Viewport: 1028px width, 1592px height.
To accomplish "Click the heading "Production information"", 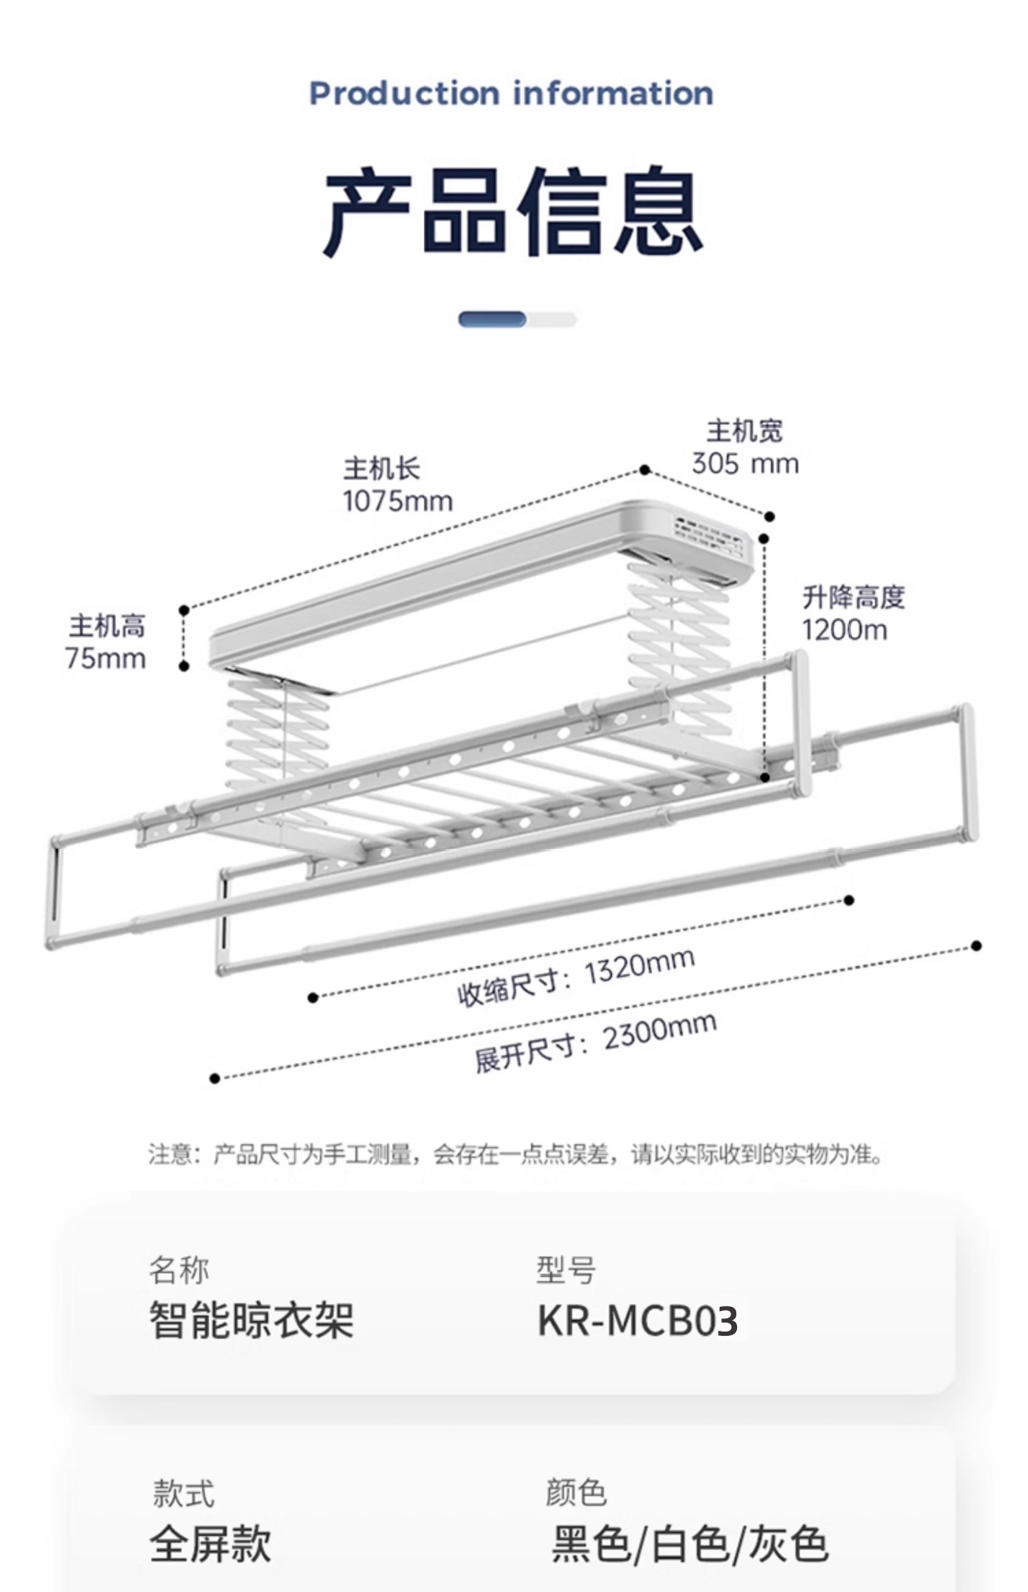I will coord(511,93).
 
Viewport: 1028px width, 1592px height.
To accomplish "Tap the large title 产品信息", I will coord(513,211).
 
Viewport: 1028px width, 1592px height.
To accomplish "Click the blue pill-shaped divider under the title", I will coord(493,319).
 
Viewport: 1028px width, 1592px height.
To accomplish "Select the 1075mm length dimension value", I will coord(398,501).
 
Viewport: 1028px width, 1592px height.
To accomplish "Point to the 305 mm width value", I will coord(745,464).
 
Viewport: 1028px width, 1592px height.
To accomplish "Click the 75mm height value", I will coord(105,658).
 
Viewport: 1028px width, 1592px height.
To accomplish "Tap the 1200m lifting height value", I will coord(844,629).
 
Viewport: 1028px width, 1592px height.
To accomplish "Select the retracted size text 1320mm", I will coord(638,967).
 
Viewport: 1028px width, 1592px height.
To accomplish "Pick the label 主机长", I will coord(381,468).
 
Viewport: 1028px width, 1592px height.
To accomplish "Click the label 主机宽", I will coord(744,431).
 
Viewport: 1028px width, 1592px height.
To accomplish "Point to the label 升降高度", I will coord(853,597).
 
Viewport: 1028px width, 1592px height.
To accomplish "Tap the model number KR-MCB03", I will coord(638,1321).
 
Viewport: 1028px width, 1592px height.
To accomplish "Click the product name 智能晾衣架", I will coord(252,1320).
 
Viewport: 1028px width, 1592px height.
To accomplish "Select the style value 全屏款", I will coord(211,1544).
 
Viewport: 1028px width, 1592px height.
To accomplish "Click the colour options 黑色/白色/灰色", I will coord(690,1544).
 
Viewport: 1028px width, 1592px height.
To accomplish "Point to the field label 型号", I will coord(566,1269).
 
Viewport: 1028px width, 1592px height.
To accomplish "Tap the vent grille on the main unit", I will coord(712,541).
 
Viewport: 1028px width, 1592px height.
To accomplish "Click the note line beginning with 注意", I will coord(515,1153).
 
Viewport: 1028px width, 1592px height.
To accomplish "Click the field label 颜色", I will coord(576,1492).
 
